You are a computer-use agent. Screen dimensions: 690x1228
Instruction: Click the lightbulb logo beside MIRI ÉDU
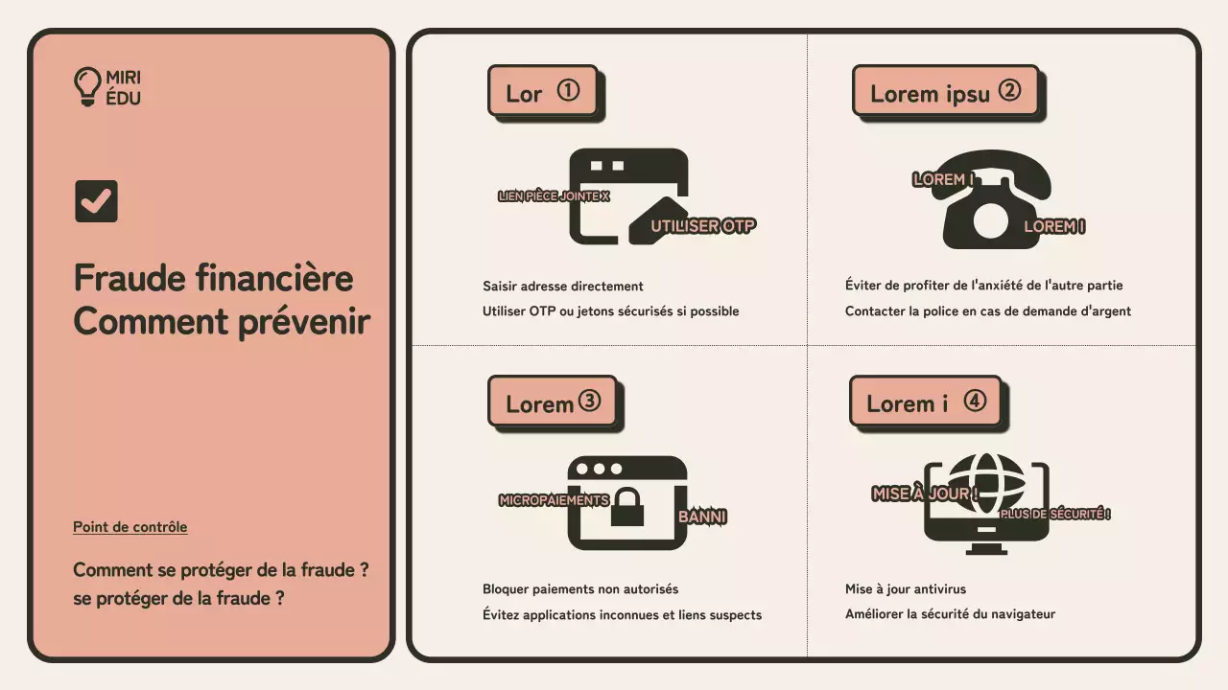(87, 86)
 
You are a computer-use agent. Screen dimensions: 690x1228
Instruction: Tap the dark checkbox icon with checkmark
(96, 201)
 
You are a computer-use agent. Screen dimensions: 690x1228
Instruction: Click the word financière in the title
(274, 279)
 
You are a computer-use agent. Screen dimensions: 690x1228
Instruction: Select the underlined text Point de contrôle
(130, 527)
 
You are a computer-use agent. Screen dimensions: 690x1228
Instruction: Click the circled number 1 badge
(568, 91)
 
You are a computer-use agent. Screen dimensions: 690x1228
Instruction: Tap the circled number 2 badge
(1009, 91)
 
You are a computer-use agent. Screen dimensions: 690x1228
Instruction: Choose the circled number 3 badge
(589, 402)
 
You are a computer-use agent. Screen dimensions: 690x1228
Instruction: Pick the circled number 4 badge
(975, 402)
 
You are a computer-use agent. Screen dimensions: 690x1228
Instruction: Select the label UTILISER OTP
(703, 226)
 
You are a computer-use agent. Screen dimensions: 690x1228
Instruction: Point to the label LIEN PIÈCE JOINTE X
(554, 196)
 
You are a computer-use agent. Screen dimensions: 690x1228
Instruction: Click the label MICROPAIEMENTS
(554, 500)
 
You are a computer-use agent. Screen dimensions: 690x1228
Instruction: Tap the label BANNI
(702, 517)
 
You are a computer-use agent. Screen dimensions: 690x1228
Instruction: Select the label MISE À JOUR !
(925, 494)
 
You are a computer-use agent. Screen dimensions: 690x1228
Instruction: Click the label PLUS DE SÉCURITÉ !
(1055, 515)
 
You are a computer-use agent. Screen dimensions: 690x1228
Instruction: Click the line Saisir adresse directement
(562, 287)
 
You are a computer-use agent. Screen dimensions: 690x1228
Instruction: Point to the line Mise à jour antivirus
(906, 589)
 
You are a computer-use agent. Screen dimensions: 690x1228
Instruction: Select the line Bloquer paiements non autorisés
(579, 589)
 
